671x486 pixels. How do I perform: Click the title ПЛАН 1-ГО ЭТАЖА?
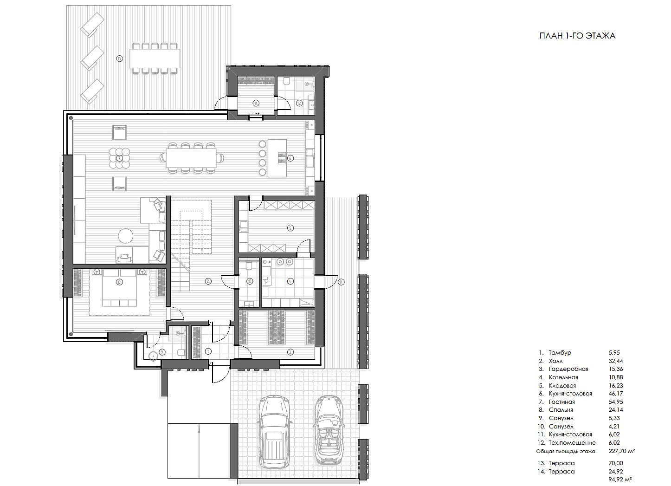click(577, 36)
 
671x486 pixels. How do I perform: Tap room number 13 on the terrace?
click(119, 59)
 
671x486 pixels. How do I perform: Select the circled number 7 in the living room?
click(119, 158)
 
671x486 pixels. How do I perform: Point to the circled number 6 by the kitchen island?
click(290, 158)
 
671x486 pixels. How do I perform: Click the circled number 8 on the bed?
click(119, 282)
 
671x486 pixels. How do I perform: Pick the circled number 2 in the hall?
click(208, 281)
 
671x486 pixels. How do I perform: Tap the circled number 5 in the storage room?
click(290, 228)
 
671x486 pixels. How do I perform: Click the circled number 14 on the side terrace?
click(341, 282)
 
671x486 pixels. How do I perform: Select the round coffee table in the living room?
click(126, 236)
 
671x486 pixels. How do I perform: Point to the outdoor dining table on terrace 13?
click(155, 58)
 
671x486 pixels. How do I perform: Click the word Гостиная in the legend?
click(561, 402)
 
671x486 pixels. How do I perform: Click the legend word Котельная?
click(563, 377)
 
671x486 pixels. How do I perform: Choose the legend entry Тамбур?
click(560, 353)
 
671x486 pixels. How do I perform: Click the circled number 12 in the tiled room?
click(299, 104)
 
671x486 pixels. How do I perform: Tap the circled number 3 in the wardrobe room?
click(290, 352)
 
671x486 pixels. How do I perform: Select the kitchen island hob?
click(282, 158)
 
